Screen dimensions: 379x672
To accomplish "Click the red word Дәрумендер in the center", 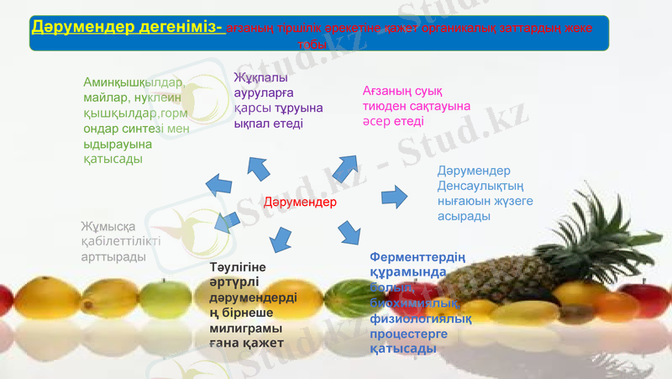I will coord(299,203).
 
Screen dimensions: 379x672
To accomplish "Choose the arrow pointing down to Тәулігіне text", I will coord(281,239).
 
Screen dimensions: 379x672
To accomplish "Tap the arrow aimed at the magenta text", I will coord(344,167).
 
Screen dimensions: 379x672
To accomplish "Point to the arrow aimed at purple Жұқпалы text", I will coord(257,166).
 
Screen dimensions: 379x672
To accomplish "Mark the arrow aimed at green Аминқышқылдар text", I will coord(220,184).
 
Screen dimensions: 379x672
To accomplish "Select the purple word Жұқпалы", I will coord(255,78).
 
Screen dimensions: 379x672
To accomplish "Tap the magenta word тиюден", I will coord(389,106).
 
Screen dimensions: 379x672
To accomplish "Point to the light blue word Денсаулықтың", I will coord(481,186).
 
